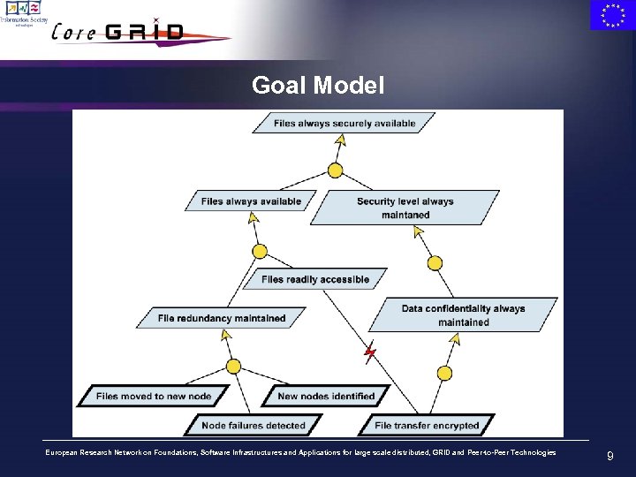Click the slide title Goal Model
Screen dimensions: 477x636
(x=318, y=86)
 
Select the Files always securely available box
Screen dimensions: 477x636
(x=344, y=123)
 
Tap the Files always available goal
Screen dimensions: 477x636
(x=251, y=201)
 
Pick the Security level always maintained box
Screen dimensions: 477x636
(x=405, y=208)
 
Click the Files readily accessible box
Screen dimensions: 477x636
(x=315, y=279)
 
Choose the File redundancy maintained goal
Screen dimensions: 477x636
(x=222, y=317)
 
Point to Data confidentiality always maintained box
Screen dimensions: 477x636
(x=463, y=315)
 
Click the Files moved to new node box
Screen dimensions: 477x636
(x=154, y=396)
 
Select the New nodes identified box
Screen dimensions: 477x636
(x=326, y=396)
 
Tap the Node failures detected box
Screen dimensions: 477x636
(x=254, y=425)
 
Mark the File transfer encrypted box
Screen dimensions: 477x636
(x=427, y=425)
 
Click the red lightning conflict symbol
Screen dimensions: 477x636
(x=370, y=353)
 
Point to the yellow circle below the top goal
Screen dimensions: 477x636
(x=335, y=170)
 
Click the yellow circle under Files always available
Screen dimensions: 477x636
(x=260, y=252)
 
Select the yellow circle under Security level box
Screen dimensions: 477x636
(x=435, y=262)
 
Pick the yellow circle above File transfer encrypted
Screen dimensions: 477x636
(x=444, y=374)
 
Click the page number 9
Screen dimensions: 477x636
(x=609, y=457)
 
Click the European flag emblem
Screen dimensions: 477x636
(x=612, y=15)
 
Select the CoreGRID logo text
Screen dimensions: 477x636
(x=119, y=33)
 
